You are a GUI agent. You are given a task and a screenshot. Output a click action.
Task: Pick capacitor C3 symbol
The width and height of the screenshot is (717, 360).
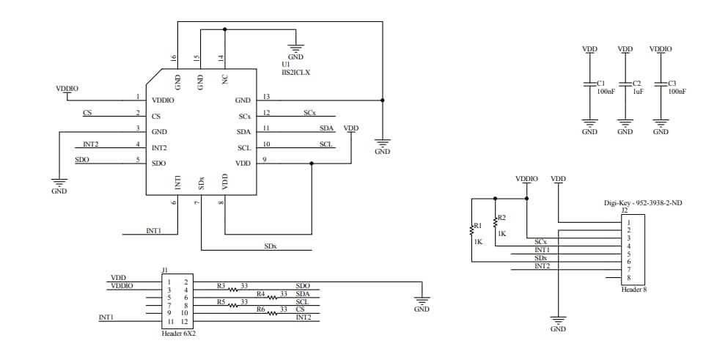click(x=661, y=85)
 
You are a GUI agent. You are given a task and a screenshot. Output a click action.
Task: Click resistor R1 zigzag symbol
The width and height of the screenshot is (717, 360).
click(x=472, y=230)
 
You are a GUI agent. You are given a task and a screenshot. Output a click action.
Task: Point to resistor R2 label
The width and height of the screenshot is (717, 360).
click(x=501, y=218)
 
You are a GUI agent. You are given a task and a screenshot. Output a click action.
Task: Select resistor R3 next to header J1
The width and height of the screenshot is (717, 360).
click(x=234, y=287)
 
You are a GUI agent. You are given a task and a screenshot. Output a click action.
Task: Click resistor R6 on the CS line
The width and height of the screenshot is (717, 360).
click(x=272, y=312)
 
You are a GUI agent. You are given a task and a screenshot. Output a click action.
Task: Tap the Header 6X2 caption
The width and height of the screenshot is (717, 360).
click(x=178, y=333)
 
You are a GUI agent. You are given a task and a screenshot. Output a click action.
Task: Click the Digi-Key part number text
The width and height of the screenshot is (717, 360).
click(x=643, y=202)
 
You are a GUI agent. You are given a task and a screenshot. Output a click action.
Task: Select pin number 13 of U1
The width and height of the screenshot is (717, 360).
click(x=266, y=97)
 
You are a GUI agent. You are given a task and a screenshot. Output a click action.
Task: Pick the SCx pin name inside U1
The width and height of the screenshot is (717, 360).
click(x=244, y=116)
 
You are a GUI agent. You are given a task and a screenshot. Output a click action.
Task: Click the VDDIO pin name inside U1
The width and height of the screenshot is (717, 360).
click(x=163, y=100)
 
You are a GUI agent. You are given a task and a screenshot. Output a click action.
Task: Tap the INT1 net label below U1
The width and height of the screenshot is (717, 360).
click(x=153, y=231)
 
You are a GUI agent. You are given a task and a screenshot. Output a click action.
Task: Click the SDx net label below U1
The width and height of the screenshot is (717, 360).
click(x=271, y=246)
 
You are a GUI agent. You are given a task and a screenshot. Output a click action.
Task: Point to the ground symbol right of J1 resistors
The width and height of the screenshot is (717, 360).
click(x=422, y=301)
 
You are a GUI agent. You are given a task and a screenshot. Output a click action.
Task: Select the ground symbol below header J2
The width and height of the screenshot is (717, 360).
click(x=558, y=323)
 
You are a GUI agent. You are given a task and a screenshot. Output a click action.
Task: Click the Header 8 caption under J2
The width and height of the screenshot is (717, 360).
click(x=633, y=289)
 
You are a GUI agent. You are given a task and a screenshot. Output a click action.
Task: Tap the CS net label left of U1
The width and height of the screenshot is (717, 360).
click(x=87, y=113)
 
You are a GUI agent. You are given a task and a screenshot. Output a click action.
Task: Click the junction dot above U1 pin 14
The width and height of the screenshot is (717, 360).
click(x=224, y=30)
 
